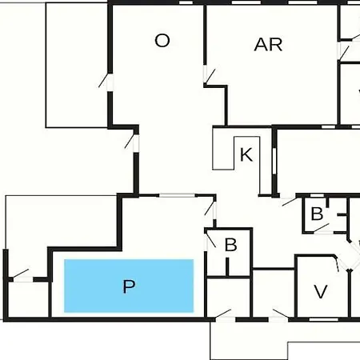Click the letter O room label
point(162,41)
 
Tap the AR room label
point(268,45)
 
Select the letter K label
point(246,154)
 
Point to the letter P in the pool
point(129,286)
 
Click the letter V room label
point(321,291)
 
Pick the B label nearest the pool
point(230,245)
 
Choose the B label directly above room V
point(317,214)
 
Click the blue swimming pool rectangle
point(129,286)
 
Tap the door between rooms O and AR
point(209,76)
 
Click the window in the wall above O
point(186,2)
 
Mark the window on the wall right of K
point(274,161)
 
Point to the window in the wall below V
point(323,319)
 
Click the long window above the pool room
point(178,195)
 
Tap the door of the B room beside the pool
point(210,240)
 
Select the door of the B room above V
point(322,229)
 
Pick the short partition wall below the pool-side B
point(227,266)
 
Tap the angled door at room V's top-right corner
point(338,264)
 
